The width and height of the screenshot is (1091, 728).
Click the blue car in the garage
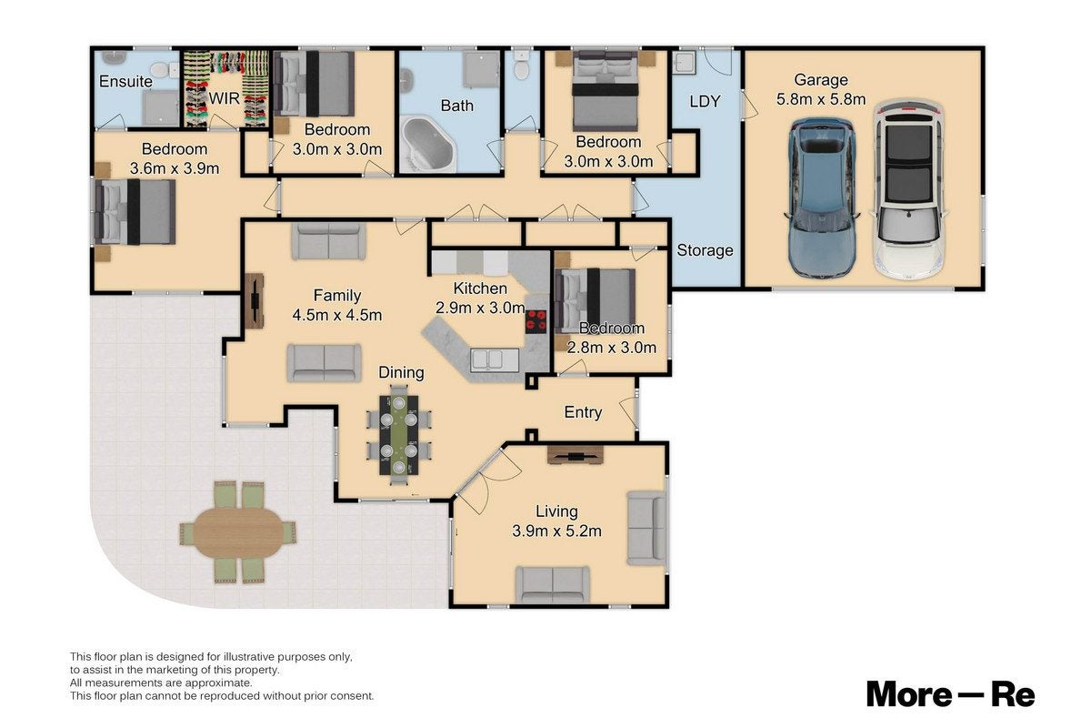coord(821,198)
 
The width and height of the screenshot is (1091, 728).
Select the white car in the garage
coord(909,190)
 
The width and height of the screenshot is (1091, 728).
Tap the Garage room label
coord(821,79)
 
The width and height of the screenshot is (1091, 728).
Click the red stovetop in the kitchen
coord(535,322)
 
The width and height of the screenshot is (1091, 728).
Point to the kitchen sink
coord(495,361)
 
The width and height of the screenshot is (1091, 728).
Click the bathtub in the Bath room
coord(428,144)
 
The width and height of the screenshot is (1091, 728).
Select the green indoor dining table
coord(399,435)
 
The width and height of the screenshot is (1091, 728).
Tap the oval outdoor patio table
coord(237,533)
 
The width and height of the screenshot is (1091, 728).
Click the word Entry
coord(583,412)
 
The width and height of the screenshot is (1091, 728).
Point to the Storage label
coord(705,250)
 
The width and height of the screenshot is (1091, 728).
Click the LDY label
coord(705,101)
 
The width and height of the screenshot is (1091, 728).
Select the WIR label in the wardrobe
coord(224,98)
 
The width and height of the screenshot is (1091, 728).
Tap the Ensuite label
coord(125,81)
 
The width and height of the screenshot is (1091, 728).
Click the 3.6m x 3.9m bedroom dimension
coord(175,168)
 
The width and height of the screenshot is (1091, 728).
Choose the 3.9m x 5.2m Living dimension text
coord(556,531)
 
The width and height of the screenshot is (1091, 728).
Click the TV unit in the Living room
coord(576,455)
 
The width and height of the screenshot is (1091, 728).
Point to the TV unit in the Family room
coord(255,301)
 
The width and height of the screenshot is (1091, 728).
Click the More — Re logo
coord(950,694)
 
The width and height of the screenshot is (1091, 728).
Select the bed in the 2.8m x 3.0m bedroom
coord(595,300)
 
